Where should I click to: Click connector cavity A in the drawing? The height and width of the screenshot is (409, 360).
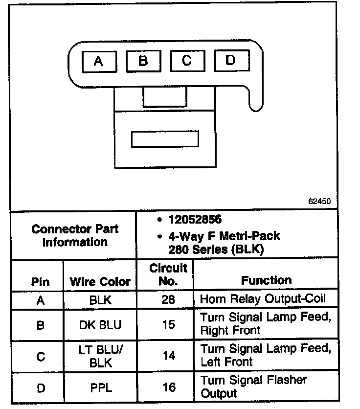[98, 62]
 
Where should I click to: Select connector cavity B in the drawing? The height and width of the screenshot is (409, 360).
[143, 61]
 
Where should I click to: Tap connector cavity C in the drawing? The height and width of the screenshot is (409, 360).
[187, 61]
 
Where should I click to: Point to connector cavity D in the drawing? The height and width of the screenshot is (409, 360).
[230, 61]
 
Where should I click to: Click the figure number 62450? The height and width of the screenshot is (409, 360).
[319, 201]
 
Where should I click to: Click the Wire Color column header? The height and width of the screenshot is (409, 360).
[100, 282]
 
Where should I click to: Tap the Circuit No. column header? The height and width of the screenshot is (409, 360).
[168, 274]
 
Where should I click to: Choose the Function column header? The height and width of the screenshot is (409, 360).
[266, 280]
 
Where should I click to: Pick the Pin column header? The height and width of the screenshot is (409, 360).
[40, 282]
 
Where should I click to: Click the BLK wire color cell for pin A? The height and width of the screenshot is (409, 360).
[100, 300]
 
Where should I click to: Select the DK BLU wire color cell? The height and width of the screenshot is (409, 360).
[100, 324]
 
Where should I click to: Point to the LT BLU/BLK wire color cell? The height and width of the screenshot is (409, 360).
[100, 356]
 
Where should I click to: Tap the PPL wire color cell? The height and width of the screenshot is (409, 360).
[101, 388]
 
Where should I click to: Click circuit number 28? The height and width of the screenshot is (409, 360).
[168, 299]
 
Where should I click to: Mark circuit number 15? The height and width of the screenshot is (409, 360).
[168, 324]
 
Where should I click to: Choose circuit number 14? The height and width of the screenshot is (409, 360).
[168, 356]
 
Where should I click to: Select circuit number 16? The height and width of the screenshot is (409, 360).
[169, 388]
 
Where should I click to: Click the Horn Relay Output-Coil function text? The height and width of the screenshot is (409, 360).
[262, 298]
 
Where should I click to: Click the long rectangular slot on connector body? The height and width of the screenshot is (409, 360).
[165, 139]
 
